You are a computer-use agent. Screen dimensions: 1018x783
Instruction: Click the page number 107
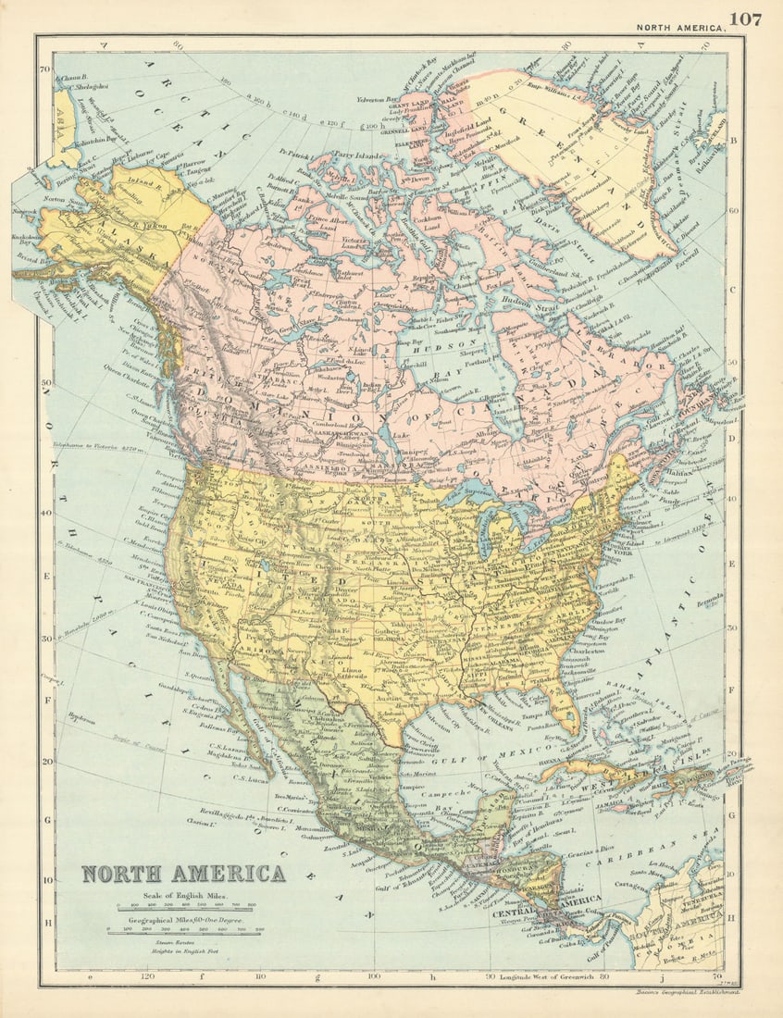[745, 19]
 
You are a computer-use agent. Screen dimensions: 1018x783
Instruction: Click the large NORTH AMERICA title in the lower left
[183, 874]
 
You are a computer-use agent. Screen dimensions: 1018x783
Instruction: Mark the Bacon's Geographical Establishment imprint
[686, 992]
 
